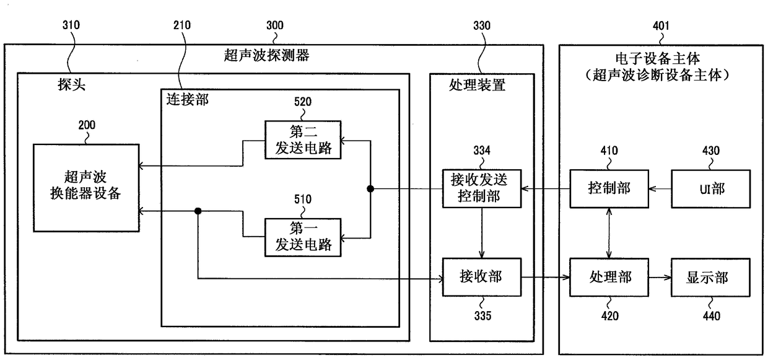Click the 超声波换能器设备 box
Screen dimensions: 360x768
coord(86,187)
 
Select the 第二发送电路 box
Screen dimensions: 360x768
coord(303,139)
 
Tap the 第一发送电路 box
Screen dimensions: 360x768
coord(303,236)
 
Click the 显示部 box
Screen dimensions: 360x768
coord(710,277)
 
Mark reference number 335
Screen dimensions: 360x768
coord(481,317)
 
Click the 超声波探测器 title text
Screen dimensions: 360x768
coord(266,56)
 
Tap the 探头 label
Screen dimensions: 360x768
coord(71,85)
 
